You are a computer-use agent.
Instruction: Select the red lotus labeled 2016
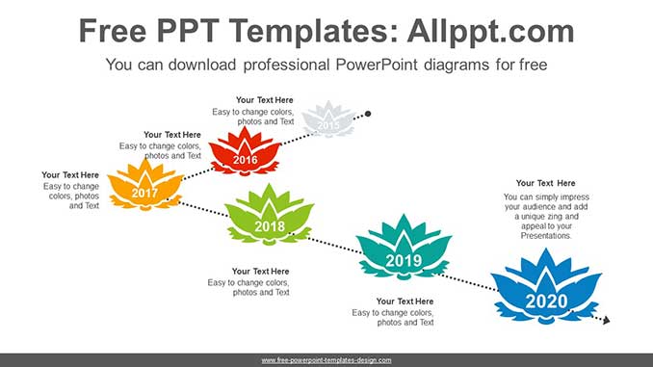pos(246,153)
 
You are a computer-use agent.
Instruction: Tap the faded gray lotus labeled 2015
pos(327,119)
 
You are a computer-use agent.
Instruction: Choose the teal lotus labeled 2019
pos(403,249)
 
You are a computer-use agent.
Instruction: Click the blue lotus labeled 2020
pos(545,287)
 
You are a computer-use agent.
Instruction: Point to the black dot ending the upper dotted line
pos(368,114)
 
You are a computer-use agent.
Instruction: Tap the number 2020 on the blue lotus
pos(546,301)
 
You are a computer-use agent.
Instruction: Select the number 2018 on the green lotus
pos(270,227)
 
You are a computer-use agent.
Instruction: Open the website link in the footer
pos(326,360)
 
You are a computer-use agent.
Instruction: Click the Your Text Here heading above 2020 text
pos(545,183)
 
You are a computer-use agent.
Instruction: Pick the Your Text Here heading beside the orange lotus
pos(70,175)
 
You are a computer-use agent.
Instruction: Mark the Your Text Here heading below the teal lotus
pos(405,301)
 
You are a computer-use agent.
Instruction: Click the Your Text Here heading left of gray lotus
pos(265,100)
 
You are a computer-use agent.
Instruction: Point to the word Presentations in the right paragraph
pos(546,235)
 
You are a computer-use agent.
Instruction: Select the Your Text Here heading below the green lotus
pos(260,272)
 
